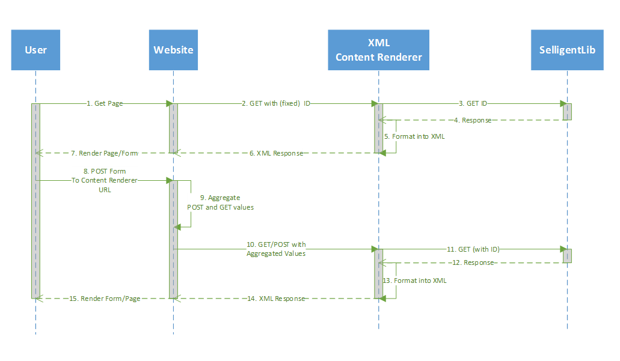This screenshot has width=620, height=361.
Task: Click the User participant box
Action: (x=36, y=50)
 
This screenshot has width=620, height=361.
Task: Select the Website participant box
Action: (x=173, y=50)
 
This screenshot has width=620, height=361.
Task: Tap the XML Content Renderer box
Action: (x=378, y=50)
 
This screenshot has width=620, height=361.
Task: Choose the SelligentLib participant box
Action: (x=567, y=50)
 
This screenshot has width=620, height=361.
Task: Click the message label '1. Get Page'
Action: (x=105, y=103)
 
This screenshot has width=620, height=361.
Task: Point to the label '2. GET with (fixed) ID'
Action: (x=276, y=103)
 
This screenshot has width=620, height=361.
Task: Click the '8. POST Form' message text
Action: (x=105, y=171)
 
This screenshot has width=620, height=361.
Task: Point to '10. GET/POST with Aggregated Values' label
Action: (x=276, y=249)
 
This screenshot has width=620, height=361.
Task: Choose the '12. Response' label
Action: (x=474, y=262)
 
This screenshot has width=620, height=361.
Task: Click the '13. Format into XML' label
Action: (x=415, y=281)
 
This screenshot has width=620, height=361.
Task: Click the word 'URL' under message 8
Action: (x=105, y=189)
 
